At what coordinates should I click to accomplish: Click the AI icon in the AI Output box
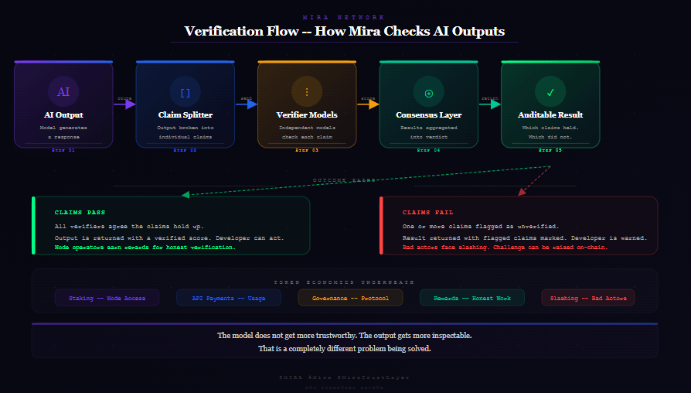pos(63,92)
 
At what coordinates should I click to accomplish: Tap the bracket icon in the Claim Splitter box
pos(185,92)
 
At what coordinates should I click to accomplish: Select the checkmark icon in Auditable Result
pos(550,92)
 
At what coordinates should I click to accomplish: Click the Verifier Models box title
pos(307,115)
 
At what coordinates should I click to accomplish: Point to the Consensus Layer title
pos(428,115)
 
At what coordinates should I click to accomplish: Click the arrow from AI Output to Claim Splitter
pos(124,104)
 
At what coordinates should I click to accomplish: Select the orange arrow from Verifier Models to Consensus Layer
pos(368,104)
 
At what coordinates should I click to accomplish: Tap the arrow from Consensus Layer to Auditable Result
pos(490,104)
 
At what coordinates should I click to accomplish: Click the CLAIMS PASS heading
pos(80,212)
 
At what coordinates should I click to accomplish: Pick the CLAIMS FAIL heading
pos(427,212)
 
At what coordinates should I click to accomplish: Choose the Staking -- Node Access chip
pos(107,298)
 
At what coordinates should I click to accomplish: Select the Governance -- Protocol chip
pos(350,298)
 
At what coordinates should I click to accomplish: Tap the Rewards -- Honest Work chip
pos(471,298)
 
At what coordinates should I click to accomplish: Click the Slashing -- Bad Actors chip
pos(588,298)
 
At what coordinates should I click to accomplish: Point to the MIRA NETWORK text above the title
pos(345,17)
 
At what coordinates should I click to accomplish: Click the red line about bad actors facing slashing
pos(505,248)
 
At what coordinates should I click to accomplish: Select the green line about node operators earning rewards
pos(145,248)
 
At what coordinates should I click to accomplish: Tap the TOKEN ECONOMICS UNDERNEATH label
pos(345,282)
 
